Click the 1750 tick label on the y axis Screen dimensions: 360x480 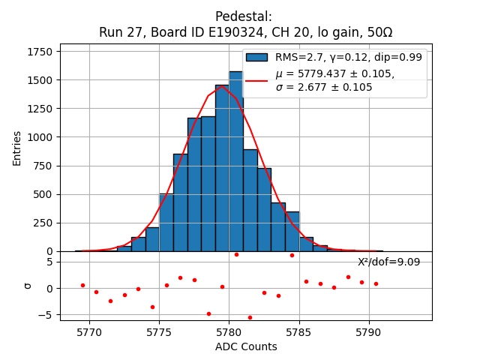tap(40, 52)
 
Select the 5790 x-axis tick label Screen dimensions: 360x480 tap(369, 331)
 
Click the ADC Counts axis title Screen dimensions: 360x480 tap(246, 346)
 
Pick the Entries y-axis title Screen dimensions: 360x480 tap(17, 148)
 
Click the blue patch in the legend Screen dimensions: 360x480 tap(256, 58)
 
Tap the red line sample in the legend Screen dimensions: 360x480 tap(256, 80)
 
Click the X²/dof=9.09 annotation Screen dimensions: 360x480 tap(388, 262)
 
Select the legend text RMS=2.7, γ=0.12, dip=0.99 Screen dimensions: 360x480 tap(348, 58)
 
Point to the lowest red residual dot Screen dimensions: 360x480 tap(250, 317)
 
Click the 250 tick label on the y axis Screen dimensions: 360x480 tap(46, 223)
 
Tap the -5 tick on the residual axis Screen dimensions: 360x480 tap(50, 315)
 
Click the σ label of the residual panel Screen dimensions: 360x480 tap(28, 286)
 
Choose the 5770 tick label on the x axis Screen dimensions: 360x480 tap(89, 331)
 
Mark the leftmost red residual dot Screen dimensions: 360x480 tap(82, 285)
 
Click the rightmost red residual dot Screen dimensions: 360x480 tap(376, 283)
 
